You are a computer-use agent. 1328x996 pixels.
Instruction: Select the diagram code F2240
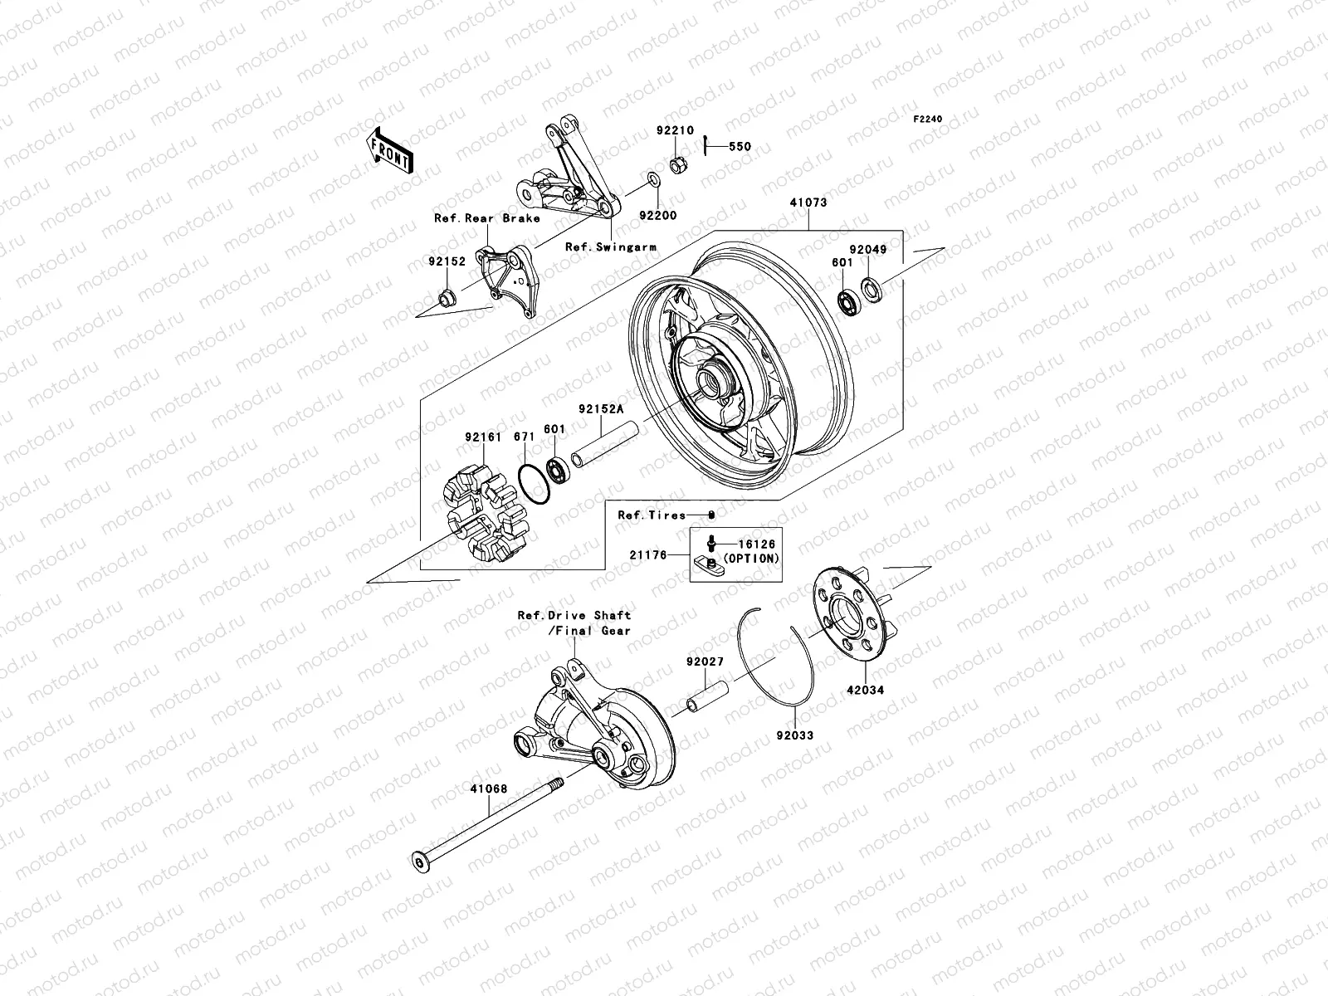[x=928, y=120]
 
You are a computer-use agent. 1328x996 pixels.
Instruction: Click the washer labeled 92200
[x=653, y=180]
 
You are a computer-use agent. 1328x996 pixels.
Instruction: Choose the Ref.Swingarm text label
[x=610, y=247]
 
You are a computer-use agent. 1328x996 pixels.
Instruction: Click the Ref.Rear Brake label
[x=486, y=218]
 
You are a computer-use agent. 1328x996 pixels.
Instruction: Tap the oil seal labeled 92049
[x=872, y=289]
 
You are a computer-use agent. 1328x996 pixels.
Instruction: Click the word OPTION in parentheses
[x=752, y=559]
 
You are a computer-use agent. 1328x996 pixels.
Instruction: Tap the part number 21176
[x=649, y=554]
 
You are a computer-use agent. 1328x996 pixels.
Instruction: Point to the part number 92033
[x=794, y=735]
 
